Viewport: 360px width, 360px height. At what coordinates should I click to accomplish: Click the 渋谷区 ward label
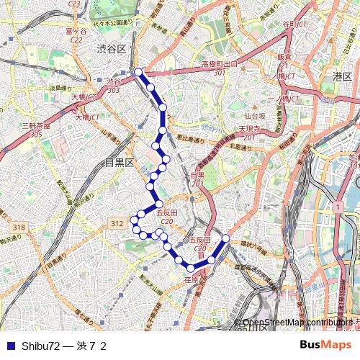click(x=112, y=48)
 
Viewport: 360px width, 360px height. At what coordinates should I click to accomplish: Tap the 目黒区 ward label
click(x=120, y=163)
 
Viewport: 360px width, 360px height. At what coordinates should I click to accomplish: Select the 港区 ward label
click(x=341, y=76)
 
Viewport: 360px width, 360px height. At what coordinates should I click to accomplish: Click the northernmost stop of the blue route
click(x=138, y=72)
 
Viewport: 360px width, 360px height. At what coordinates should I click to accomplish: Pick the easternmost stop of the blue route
click(x=225, y=238)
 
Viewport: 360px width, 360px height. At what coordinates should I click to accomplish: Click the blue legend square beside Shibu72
click(x=9, y=346)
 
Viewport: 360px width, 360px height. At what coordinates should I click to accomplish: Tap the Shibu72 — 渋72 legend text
click(x=64, y=346)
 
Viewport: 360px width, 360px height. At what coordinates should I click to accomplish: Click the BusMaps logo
click(x=325, y=345)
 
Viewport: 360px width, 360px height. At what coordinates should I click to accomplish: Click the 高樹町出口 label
click(x=219, y=64)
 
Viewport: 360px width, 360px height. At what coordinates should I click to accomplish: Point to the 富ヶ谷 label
click(x=76, y=32)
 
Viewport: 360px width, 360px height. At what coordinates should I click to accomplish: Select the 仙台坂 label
click(x=255, y=115)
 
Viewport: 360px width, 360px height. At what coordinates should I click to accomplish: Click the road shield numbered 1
click(x=336, y=207)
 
